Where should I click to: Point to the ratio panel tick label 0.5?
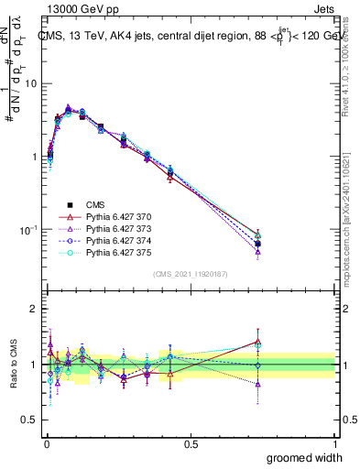(x=29, y=421)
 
